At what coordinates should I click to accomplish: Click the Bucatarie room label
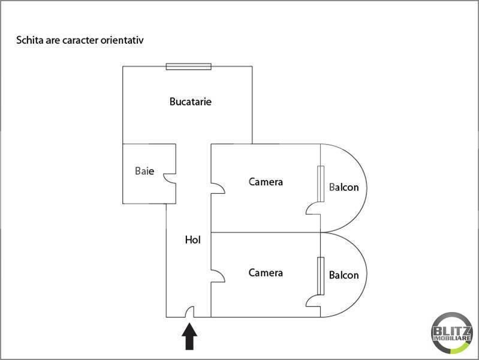coord(190,101)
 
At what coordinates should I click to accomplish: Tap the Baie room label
coord(144,170)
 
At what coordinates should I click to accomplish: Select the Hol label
coord(193,240)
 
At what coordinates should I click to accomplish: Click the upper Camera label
coord(266,182)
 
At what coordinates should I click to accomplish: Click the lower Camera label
coord(266,273)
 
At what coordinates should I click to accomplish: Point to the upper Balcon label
coord(344,187)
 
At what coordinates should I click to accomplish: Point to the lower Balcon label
coord(344,275)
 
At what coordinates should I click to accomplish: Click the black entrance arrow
coord(189,336)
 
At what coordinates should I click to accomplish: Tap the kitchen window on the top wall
coord(188,67)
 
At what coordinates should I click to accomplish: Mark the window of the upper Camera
coord(321,184)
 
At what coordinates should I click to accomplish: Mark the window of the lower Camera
coord(321,276)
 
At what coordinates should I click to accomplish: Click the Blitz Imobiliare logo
coord(451,333)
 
